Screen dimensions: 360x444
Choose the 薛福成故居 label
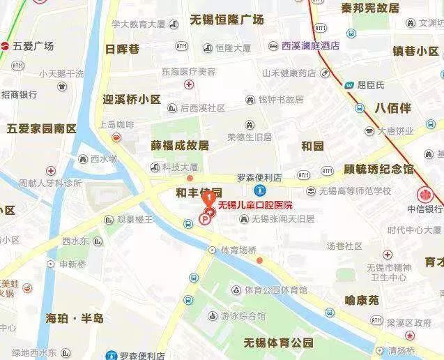tap(180, 146)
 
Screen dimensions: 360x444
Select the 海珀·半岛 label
tap(75, 318)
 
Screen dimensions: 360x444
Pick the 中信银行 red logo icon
tap(425, 195)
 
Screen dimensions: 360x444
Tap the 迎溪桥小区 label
tap(131, 99)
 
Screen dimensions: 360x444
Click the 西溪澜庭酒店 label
tap(310, 46)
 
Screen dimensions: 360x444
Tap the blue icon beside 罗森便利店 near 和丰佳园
tap(259, 190)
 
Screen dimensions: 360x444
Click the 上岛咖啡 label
tap(116, 124)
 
